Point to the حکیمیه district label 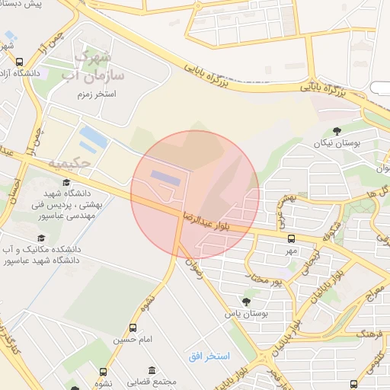[69, 163]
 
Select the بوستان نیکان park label [340, 143]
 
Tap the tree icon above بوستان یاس [245, 301]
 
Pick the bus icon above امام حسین [134, 328]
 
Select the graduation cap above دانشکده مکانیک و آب [66, 237]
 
